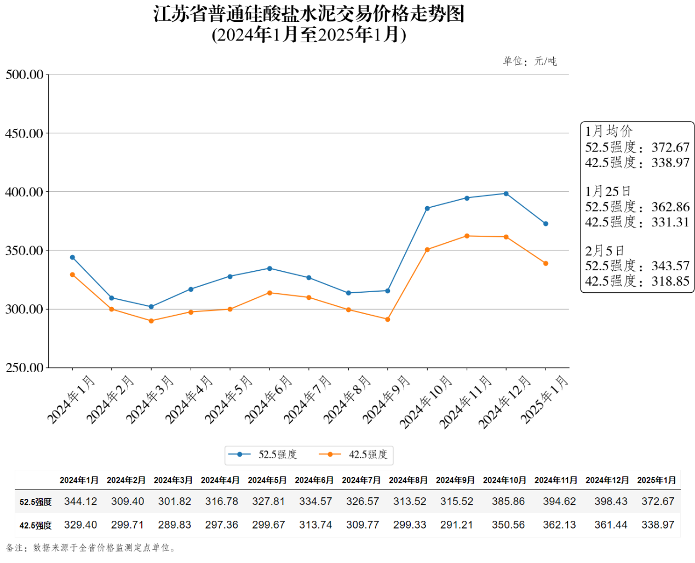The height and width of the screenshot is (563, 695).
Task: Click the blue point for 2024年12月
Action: [x=506, y=194]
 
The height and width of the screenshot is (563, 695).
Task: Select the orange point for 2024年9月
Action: [x=388, y=319]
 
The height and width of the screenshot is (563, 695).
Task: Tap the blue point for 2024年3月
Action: [x=151, y=306]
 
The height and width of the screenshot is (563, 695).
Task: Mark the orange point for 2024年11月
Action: [x=467, y=236]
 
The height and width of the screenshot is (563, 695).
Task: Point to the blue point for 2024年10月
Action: [x=427, y=208]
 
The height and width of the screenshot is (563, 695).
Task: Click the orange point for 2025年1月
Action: [x=545, y=264]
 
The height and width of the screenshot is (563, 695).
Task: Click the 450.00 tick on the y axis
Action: [x=24, y=133]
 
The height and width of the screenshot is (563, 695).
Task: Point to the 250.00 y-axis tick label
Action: [x=24, y=368]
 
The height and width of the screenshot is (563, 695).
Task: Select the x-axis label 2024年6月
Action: [x=268, y=400]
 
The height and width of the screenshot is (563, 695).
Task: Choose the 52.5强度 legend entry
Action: [x=263, y=454]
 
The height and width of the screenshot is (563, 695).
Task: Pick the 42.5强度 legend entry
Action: [x=353, y=454]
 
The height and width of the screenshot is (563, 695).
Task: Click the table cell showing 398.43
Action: [x=611, y=501]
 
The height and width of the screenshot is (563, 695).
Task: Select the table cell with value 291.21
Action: [x=456, y=525]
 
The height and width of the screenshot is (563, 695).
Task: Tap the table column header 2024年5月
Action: [x=267, y=480]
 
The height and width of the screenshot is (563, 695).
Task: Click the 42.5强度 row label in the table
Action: [x=36, y=525]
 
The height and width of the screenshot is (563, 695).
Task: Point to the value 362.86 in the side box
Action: [x=670, y=207]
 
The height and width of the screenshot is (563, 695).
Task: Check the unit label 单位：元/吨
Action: [x=530, y=61]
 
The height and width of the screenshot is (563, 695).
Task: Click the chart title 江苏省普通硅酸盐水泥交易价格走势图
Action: [x=309, y=14]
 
